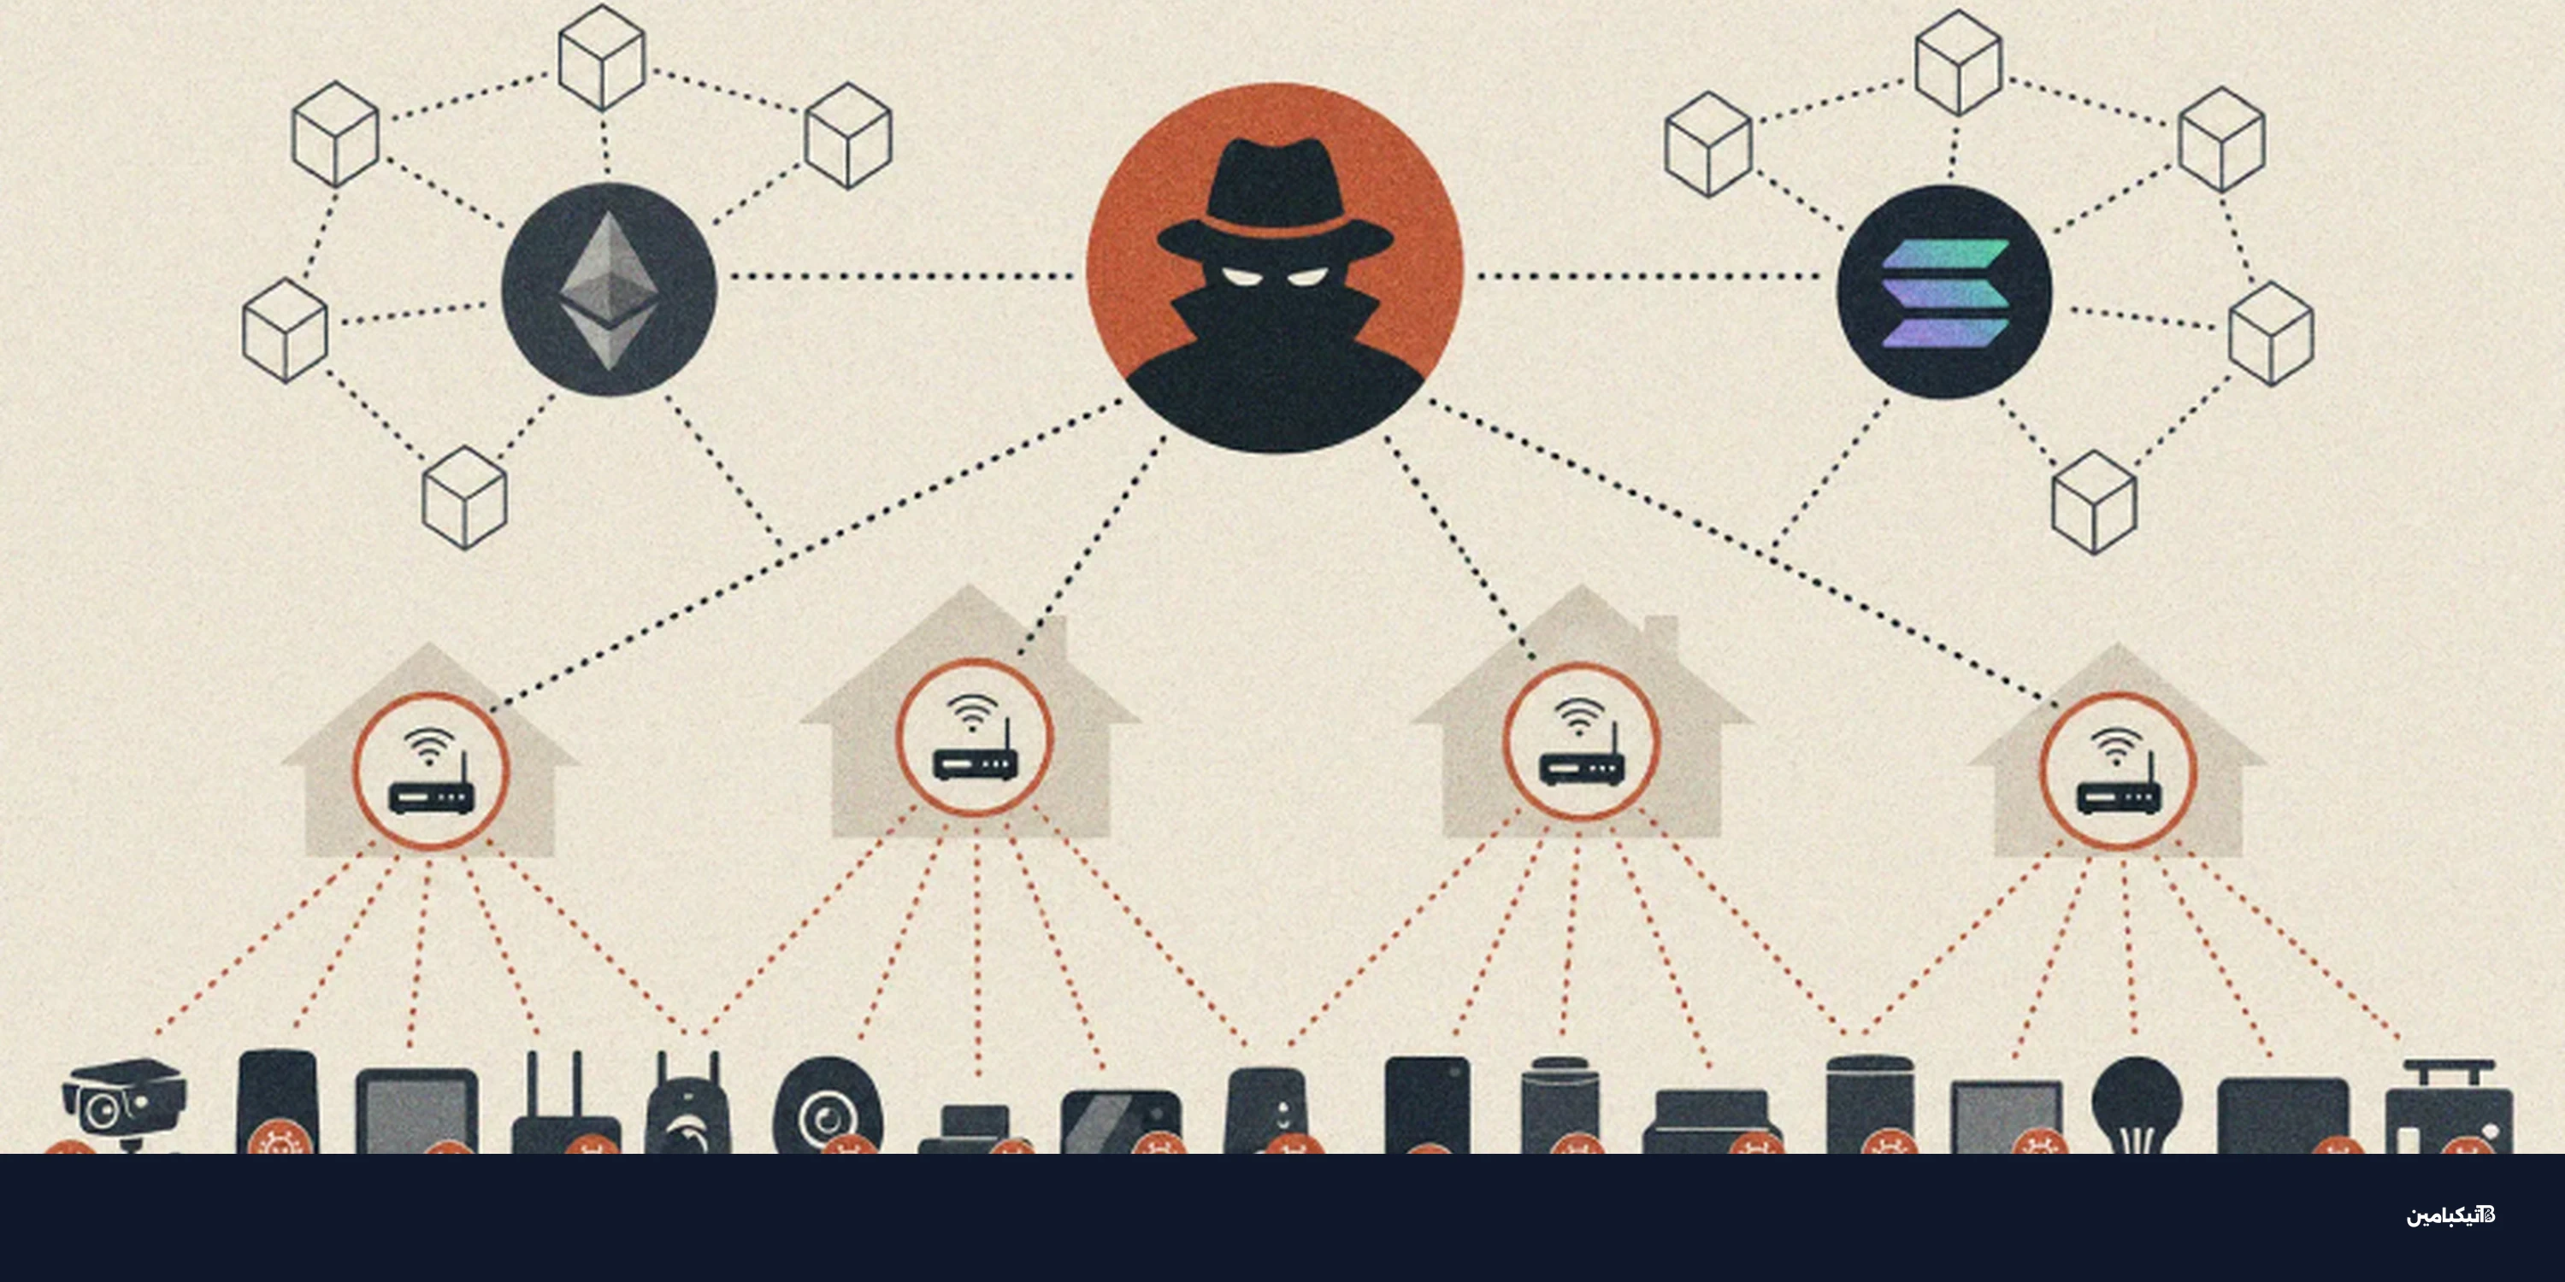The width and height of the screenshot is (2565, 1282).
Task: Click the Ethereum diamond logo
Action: click(609, 290)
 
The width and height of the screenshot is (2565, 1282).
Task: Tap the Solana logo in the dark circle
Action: click(1944, 292)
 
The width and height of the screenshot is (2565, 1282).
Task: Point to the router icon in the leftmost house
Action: click(429, 787)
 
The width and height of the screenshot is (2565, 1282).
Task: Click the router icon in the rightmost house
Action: click(2118, 787)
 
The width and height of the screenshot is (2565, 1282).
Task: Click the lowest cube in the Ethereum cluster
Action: click(465, 497)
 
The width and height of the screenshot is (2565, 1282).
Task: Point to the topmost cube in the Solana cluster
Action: click(1959, 62)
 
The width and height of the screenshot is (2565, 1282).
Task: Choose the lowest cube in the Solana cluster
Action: click(2094, 502)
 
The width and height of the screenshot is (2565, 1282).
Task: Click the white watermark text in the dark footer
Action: click(2450, 1215)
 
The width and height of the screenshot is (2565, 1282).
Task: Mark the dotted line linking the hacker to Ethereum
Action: click(901, 276)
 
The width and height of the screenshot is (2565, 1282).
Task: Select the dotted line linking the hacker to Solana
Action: click(1648, 276)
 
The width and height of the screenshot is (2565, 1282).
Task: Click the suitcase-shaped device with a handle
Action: click(2449, 1107)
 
